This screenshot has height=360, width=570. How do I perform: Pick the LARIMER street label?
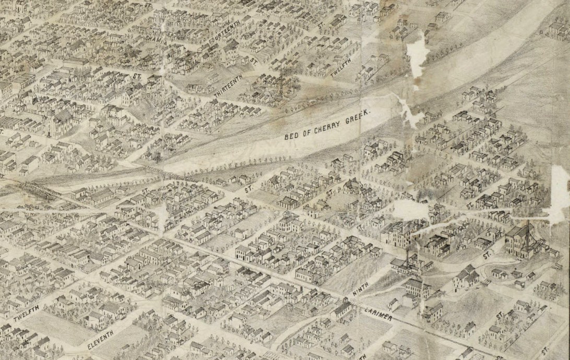tap(375, 313)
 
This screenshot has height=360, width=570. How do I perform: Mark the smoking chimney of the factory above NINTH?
tap(407, 254)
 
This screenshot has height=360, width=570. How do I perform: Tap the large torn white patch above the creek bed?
tap(418, 57)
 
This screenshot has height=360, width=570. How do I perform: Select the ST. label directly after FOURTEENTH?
tap(254, 61)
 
